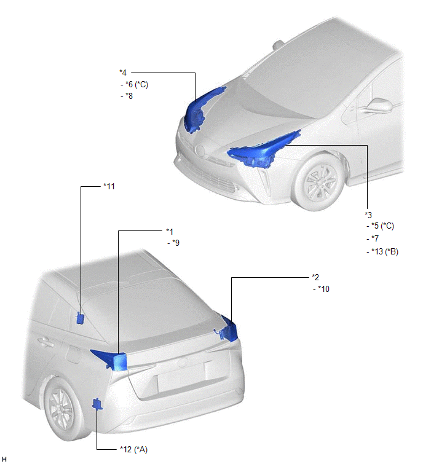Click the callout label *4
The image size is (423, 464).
(x=123, y=73)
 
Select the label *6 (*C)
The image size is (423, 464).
(x=136, y=85)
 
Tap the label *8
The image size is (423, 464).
(x=129, y=96)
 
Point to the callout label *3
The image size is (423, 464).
(x=368, y=215)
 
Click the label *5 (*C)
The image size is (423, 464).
(x=383, y=226)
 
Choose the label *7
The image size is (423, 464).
(x=375, y=238)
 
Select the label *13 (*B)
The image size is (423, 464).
(x=385, y=251)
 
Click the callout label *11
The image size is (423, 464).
(x=109, y=186)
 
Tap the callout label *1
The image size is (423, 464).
(x=170, y=232)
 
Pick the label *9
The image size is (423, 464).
(x=176, y=243)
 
